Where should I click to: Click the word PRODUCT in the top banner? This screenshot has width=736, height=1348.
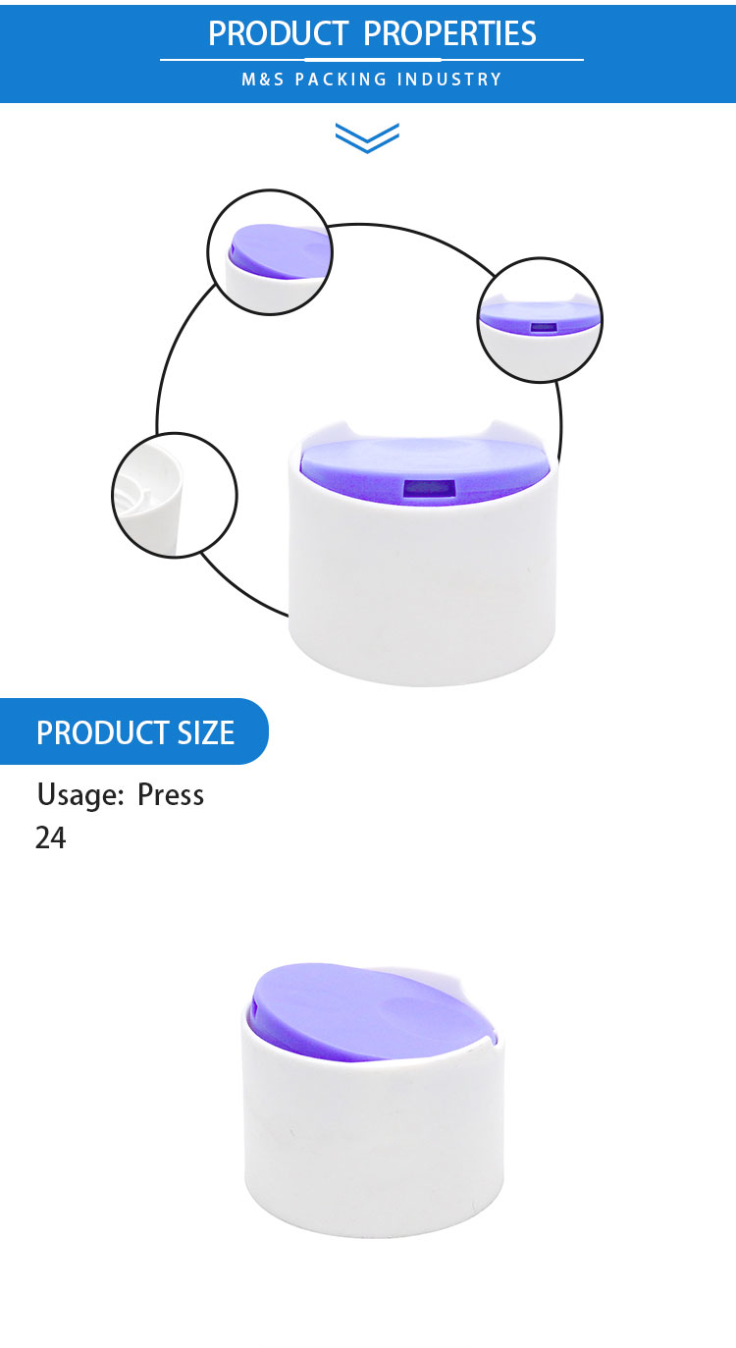(278, 33)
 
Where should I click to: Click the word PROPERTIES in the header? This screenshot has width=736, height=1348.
(449, 33)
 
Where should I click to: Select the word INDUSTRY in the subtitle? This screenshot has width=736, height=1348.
(449, 80)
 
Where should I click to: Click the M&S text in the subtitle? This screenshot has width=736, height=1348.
(263, 80)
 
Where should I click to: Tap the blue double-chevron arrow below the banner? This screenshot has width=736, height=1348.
(367, 137)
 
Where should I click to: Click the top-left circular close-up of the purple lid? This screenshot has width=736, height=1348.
(270, 252)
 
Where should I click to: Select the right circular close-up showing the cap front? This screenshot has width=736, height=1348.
(540, 319)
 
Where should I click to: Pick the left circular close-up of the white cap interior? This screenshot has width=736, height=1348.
(175, 495)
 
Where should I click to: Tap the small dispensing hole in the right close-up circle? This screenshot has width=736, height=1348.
(544, 327)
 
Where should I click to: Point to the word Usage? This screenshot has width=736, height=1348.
(80, 795)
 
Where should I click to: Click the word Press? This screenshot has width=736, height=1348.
(171, 795)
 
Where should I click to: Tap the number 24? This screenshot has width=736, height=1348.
(50, 837)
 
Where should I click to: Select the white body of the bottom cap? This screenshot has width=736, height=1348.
(373, 1144)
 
